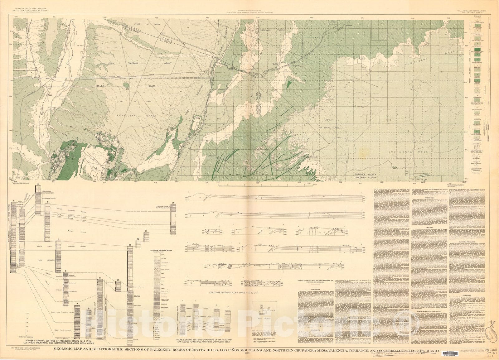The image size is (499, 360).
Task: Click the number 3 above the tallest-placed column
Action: [x=37, y=184]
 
